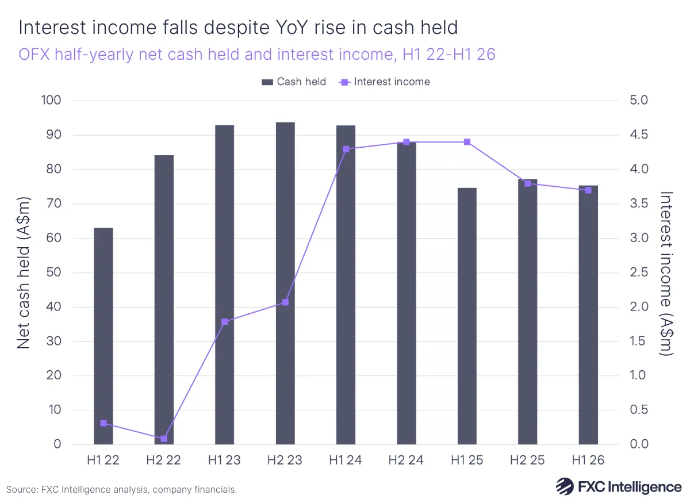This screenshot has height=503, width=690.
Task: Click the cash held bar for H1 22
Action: [x=103, y=336]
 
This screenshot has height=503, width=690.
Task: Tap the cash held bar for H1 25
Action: [x=467, y=316]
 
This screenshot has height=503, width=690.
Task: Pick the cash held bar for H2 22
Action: [x=164, y=300]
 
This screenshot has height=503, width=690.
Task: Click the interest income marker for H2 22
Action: [x=164, y=439]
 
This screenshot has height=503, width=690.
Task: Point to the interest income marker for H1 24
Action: [x=346, y=149]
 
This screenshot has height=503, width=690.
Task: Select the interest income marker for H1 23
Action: [x=225, y=321]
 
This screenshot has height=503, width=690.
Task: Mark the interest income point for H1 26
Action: [x=588, y=190]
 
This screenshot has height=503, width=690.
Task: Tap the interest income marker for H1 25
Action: [x=467, y=142]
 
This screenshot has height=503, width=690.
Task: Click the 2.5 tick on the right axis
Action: [x=636, y=272]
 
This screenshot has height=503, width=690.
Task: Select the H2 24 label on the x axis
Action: [x=406, y=461]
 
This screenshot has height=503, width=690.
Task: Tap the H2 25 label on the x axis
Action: [x=527, y=461]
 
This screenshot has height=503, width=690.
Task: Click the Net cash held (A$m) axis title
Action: [x=23, y=272]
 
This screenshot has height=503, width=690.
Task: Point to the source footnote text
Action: [x=121, y=490]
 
